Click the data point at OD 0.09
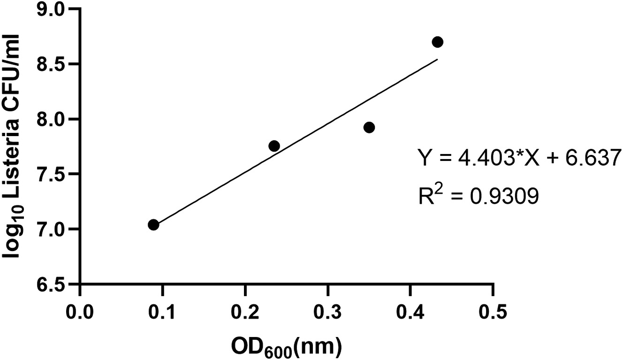pyautogui.click(x=153, y=225)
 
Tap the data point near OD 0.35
pyautogui.click(x=369, y=127)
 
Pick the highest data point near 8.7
pyautogui.click(x=438, y=42)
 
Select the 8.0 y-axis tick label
pyautogui.click(x=53, y=119)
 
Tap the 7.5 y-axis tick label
pyautogui.click(x=53, y=174)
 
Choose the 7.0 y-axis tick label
pyautogui.click(x=53, y=229)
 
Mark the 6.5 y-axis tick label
pyautogui.click(x=53, y=284)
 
